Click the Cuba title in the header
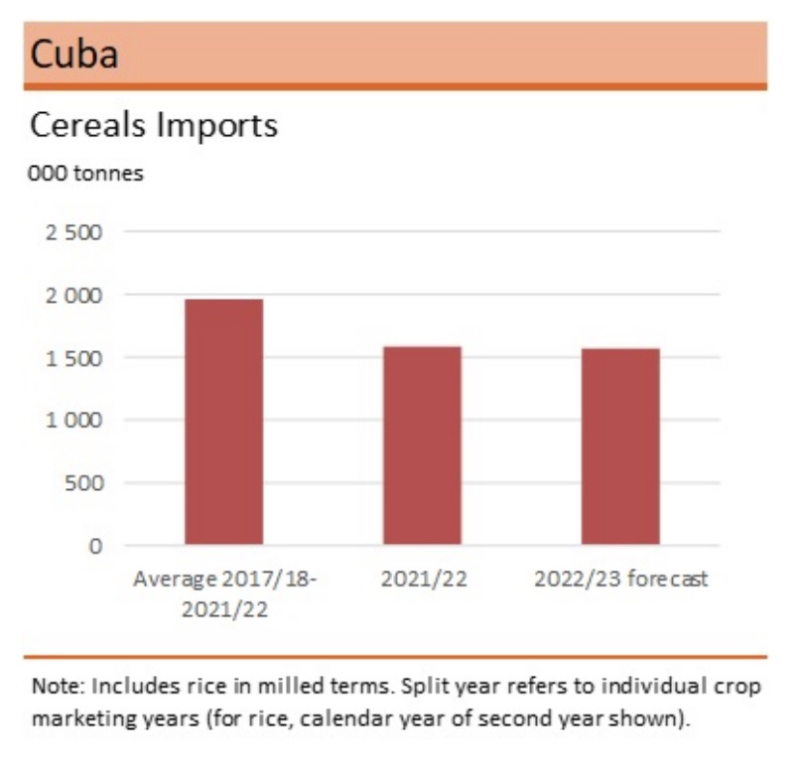click(74, 54)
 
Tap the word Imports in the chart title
click(217, 126)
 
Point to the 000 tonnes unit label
click(86, 174)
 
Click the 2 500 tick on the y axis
click(75, 233)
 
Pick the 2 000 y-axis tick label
click(75, 296)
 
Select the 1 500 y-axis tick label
click(75, 358)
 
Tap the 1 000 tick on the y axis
click(75, 421)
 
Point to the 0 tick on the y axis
click(95, 546)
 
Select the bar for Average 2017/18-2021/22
click(223, 422)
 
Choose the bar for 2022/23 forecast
click(620, 446)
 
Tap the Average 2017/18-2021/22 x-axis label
click(223, 593)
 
